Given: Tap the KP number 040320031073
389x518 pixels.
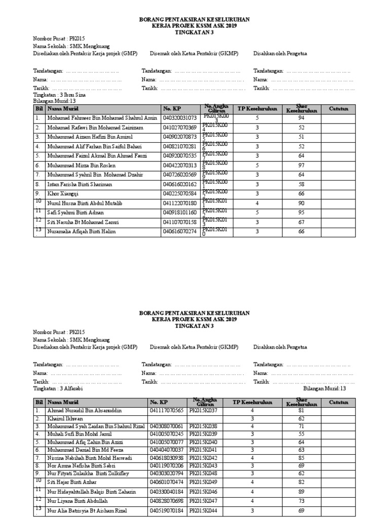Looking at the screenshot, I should (x=180, y=118).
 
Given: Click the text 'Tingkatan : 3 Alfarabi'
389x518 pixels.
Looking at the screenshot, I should (x=57, y=388).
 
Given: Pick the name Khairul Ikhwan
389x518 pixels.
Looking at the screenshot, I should (x=62, y=419).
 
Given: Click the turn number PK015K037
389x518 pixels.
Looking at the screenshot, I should (x=203, y=411).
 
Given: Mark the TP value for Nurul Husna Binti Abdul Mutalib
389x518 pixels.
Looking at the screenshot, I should (x=257, y=203).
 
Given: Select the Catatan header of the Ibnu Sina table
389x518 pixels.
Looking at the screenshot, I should (x=338, y=108).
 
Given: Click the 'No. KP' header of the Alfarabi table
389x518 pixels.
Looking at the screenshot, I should (x=159, y=402).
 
